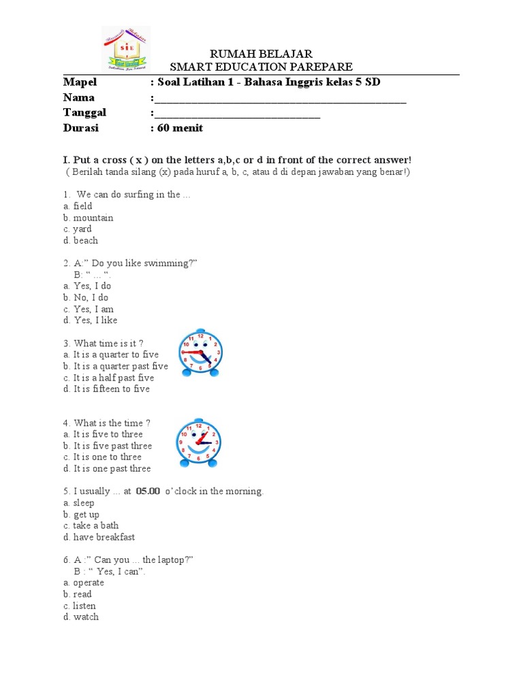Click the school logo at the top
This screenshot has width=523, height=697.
pos(125,49)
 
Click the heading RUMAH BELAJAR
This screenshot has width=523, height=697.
pos(261,54)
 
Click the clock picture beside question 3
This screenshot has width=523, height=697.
pos(200,353)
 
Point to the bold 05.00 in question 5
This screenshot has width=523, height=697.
pos(148,491)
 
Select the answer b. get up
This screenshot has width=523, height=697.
pos(81,515)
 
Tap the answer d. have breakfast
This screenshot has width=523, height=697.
pos(99,537)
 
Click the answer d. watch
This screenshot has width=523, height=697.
pos(80,617)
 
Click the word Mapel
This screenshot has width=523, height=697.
pos(80,82)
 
